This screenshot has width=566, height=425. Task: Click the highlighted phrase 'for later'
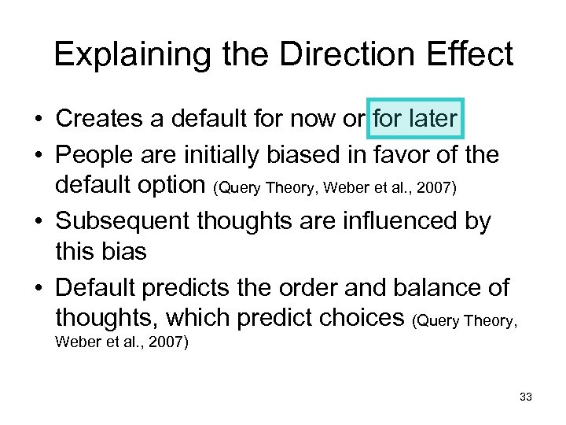tap(415, 119)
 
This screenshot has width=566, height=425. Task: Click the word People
tap(98, 155)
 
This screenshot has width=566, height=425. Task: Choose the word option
tap(171, 187)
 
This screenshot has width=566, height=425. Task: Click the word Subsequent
tap(125, 222)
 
